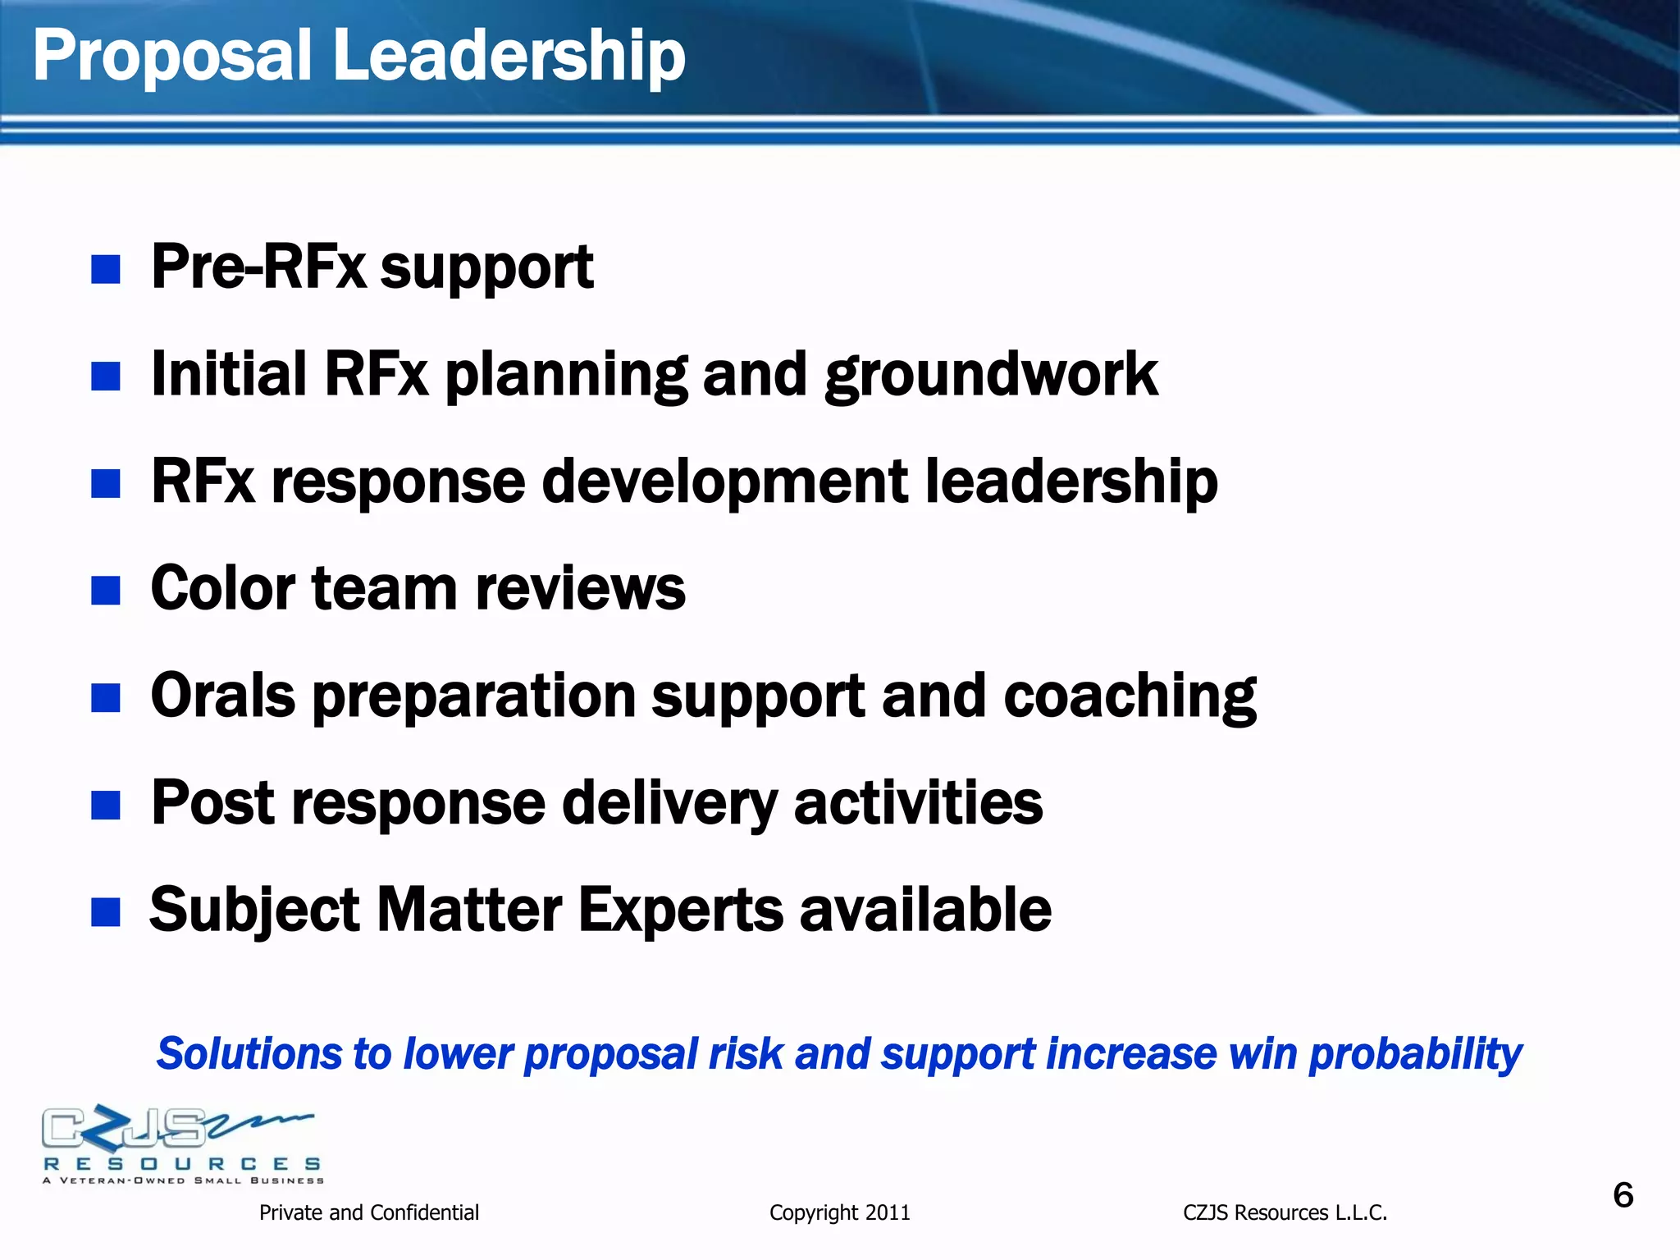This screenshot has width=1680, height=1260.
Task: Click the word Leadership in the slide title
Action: tap(509, 56)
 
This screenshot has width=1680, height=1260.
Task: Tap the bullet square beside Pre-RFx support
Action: tap(106, 269)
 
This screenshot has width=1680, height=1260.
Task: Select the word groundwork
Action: tap(991, 376)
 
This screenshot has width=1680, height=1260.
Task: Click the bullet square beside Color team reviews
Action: tap(106, 590)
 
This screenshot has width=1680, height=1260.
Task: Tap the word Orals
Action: tap(222, 696)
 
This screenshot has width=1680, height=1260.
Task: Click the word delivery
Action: tap(669, 804)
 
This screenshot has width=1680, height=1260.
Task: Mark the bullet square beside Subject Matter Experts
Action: tap(106, 911)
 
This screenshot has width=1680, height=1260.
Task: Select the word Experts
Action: tap(680, 910)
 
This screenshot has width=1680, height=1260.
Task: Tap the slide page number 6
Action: tap(1623, 1195)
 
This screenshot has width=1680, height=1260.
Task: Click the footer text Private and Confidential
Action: tap(368, 1212)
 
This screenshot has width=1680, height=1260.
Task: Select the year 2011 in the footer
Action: tap(888, 1212)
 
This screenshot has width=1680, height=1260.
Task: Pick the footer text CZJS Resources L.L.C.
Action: tap(1285, 1212)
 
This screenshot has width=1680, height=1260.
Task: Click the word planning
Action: tap(565, 376)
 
